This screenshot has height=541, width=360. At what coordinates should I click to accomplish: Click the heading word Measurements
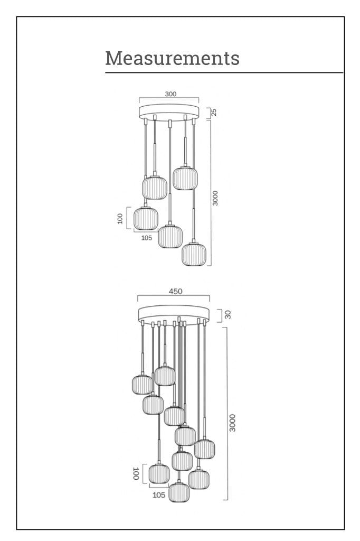172,58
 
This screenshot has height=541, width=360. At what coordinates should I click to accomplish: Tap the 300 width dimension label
170,94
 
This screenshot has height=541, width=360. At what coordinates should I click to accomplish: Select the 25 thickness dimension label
214,113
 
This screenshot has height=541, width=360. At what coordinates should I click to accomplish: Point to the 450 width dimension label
175,291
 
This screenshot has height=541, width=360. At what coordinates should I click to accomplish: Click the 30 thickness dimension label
228,315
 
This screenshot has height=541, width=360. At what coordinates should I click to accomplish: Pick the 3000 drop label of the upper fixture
215,198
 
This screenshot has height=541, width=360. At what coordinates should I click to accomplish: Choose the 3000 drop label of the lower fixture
233,423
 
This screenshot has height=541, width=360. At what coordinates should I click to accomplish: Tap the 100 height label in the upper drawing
120,218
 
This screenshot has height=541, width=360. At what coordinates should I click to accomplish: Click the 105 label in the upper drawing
147,238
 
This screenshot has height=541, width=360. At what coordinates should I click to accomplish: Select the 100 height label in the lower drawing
136,473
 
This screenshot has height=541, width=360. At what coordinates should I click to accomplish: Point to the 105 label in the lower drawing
158,495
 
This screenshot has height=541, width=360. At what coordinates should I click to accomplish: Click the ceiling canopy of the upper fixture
169,113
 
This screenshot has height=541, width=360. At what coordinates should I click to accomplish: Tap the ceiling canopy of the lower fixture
174,313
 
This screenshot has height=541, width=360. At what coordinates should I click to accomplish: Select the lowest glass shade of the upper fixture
194,255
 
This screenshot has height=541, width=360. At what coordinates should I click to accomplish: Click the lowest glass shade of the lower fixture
179,492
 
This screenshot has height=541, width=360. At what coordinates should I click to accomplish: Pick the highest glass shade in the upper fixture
185,179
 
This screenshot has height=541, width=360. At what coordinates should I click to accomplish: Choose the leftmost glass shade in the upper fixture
146,218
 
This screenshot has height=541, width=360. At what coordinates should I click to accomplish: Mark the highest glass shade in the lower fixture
165,376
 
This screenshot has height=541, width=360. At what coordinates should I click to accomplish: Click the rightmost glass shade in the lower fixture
204,449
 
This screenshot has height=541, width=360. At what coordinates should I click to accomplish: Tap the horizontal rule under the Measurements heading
224,73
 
